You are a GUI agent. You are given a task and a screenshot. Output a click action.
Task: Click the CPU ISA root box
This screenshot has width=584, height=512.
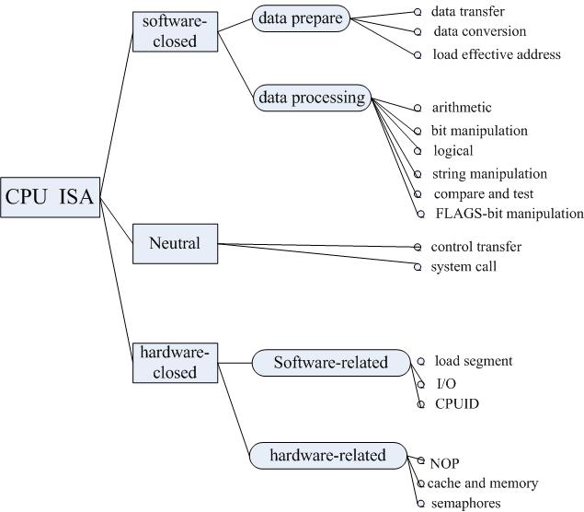tap(51, 197)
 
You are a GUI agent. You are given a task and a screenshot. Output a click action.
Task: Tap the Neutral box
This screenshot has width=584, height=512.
tap(174, 244)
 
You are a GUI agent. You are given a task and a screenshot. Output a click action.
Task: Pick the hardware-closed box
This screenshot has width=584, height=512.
tap(174, 362)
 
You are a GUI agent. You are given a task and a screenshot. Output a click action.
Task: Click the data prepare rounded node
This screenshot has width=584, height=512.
tap(299, 17)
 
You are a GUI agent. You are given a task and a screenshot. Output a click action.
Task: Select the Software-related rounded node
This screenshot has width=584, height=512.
tap(330, 362)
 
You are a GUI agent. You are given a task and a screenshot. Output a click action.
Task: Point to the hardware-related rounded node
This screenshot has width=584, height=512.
tap(327, 455)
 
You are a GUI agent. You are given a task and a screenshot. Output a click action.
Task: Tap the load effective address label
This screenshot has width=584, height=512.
tap(497, 54)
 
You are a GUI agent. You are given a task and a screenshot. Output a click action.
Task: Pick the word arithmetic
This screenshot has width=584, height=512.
tap(461, 108)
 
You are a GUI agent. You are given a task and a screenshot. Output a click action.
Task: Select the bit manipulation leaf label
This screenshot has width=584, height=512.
tap(479, 131)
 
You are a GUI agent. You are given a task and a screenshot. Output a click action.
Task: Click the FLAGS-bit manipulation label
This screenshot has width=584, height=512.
tap(510, 214)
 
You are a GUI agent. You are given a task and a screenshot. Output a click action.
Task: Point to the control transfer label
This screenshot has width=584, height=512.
tap(475, 247)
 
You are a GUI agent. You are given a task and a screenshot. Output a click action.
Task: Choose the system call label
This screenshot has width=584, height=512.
tap(464, 267)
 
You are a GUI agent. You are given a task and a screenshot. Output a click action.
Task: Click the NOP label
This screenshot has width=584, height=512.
tap(444, 463)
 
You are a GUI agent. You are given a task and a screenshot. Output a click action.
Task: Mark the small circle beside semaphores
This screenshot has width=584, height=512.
tap(419, 504)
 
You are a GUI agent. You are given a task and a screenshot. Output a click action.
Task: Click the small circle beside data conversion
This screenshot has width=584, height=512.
tap(418, 32)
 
